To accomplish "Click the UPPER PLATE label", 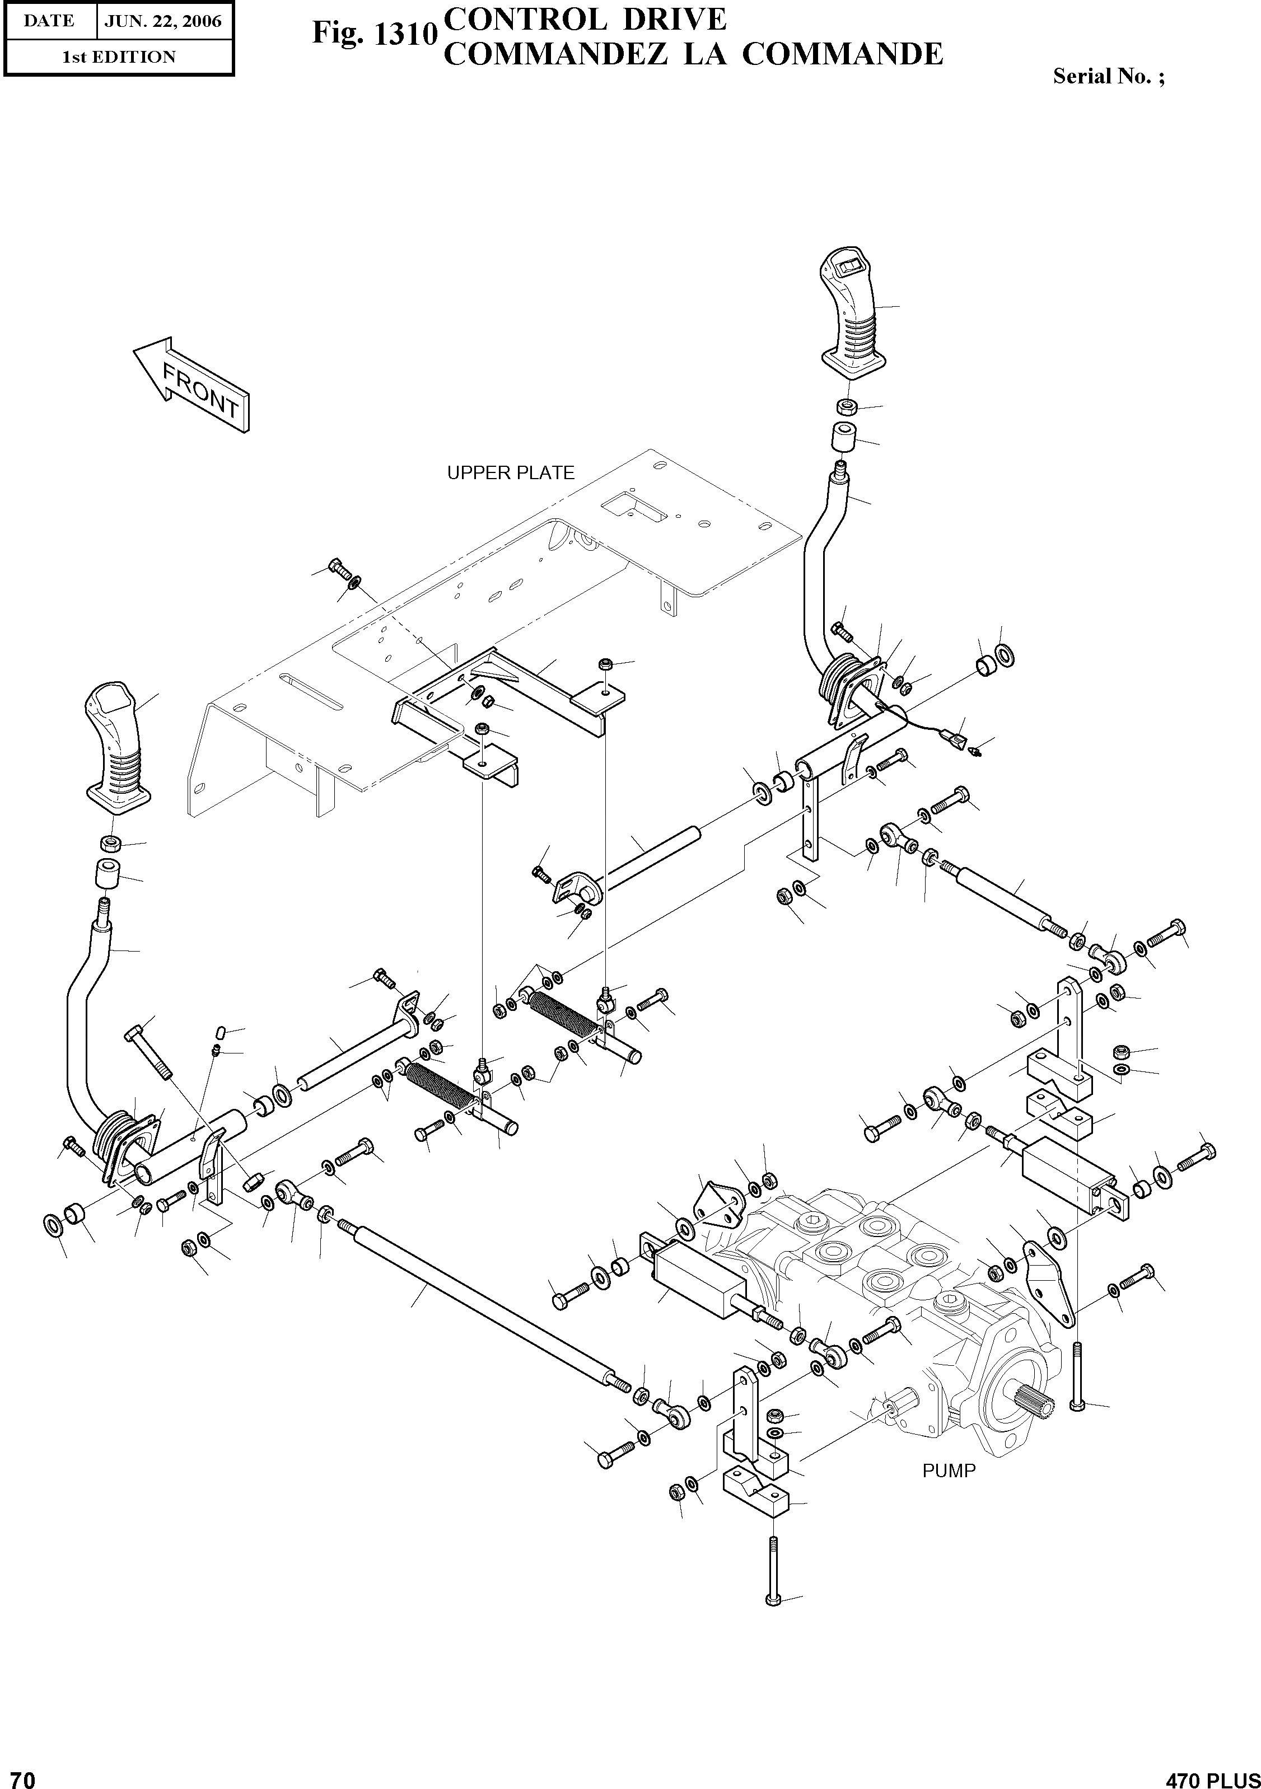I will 511,473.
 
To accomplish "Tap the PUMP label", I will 949,1471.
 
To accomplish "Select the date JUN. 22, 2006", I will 163,21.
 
